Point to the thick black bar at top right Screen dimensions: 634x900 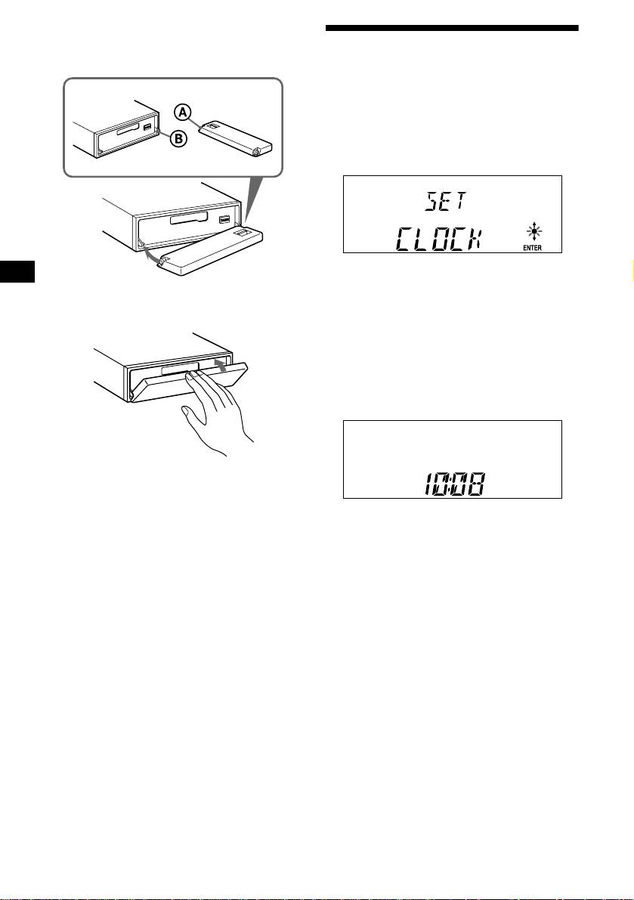coord(452,29)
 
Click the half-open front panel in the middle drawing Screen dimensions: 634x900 coord(212,257)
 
